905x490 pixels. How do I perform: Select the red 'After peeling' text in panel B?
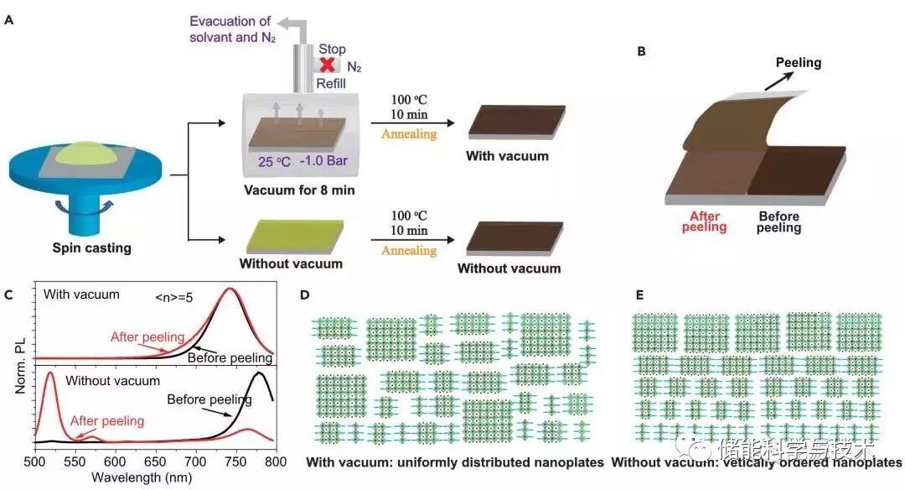704,222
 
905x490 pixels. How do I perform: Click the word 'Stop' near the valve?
332,50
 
